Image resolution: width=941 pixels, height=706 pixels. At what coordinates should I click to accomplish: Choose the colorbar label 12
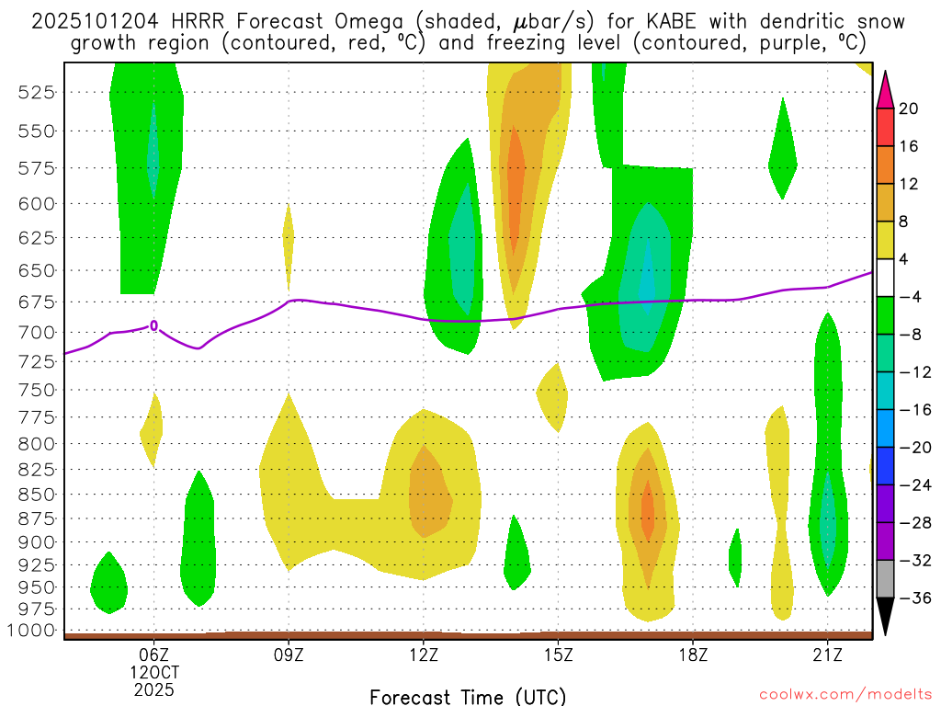pyautogui.click(x=908, y=185)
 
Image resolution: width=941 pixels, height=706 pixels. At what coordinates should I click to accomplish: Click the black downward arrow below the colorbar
pyautogui.click(x=885, y=616)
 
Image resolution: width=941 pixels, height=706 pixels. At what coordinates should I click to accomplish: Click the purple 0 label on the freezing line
pyautogui.click(x=154, y=325)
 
